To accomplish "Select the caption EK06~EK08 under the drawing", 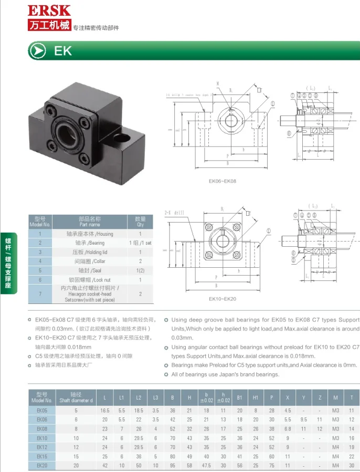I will pyautogui.click(x=223, y=182).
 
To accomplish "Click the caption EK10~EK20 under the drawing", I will pyautogui.click(x=223, y=299).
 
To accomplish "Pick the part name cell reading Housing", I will pyautogui.click(x=90, y=234).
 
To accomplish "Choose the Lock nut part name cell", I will pyautogui.click(x=90, y=280).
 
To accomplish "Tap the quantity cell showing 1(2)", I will pyautogui.click(x=140, y=270).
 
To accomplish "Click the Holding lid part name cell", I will pyautogui.click(x=90, y=252).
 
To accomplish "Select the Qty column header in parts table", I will pyautogui.click(x=140, y=221).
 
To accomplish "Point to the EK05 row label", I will pyautogui.click(x=42, y=410).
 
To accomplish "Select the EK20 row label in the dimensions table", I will pyautogui.click(x=42, y=465).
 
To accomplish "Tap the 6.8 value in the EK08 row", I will pyautogui.click(x=288, y=428).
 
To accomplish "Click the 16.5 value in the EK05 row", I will pyautogui.click(x=105, y=410).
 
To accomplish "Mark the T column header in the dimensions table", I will pyautogui.click(x=351, y=397).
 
